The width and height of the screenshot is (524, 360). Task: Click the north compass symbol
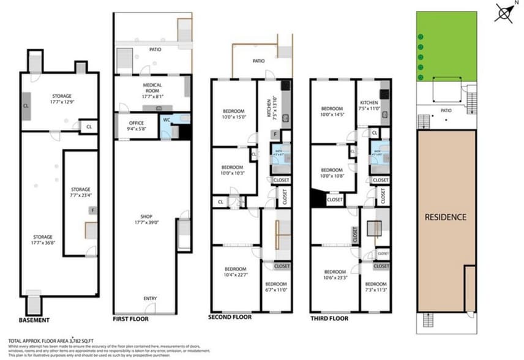coord(505,12)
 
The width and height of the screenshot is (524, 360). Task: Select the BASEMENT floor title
coord(34,320)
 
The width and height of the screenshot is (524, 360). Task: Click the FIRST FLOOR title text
coord(131,319)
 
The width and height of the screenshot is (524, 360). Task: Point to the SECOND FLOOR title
coord(230,318)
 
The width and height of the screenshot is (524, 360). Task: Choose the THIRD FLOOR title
coord(329,318)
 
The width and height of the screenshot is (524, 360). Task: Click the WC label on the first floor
coord(166,119)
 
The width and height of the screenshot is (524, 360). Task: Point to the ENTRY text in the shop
coord(151,298)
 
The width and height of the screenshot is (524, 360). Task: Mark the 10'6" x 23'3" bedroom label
coord(335,275)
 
